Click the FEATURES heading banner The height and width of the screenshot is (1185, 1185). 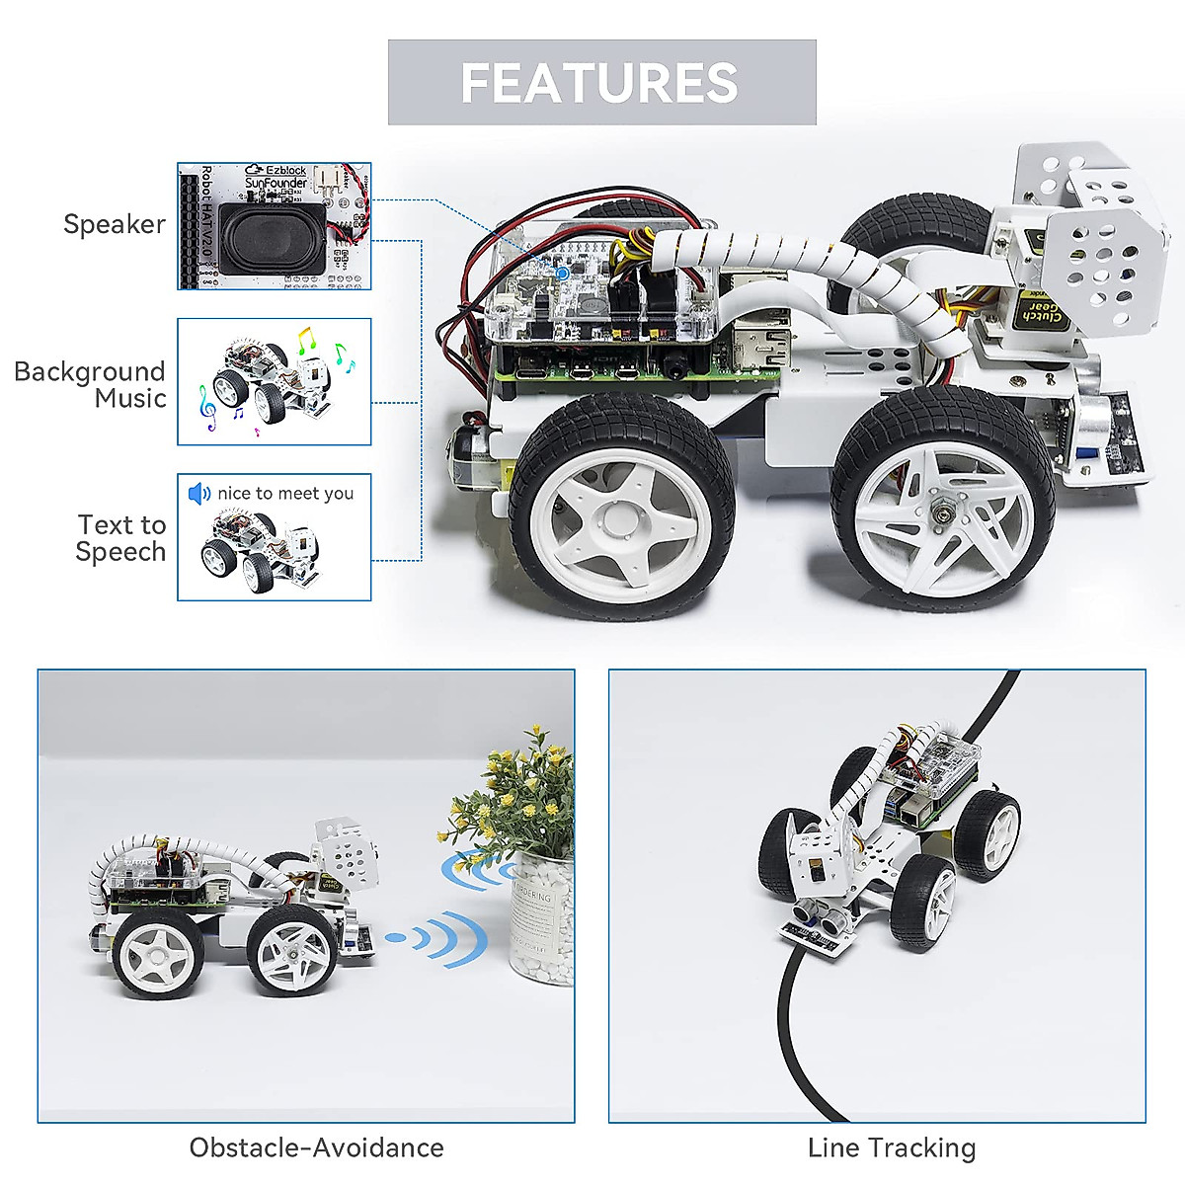[x=601, y=83]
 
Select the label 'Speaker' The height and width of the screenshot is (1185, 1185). [x=115, y=224]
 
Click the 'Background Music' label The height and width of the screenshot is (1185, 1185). [x=90, y=385]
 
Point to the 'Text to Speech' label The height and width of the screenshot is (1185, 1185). [x=121, y=538]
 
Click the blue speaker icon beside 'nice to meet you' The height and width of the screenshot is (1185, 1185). [x=199, y=493]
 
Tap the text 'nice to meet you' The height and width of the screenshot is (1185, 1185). [x=285, y=493]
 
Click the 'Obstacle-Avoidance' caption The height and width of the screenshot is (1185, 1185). [x=317, y=1147]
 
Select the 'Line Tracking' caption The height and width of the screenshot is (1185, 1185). [x=891, y=1147]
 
